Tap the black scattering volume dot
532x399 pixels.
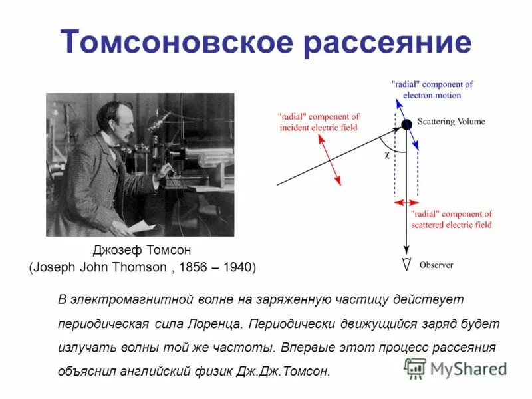tap(406, 124)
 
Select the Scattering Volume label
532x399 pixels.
tap(452, 122)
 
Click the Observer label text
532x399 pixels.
tap(436, 265)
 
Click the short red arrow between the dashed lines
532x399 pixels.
tap(406, 202)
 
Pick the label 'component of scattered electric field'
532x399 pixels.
tap(451, 219)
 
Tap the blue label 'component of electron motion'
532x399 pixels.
tap(432, 90)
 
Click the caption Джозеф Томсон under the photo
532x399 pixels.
tap(142, 251)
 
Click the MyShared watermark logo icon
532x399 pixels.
tap(416, 368)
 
